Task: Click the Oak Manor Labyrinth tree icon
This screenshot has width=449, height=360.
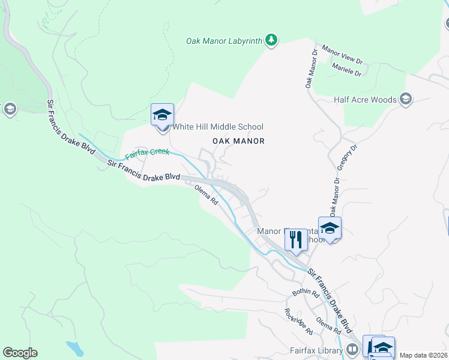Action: tap(272, 40)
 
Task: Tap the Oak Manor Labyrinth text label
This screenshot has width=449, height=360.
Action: tap(224, 41)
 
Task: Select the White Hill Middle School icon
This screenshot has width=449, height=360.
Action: tap(162, 114)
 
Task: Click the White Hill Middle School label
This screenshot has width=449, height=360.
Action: tap(218, 127)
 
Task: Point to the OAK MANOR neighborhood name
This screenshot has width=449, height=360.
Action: tap(238, 141)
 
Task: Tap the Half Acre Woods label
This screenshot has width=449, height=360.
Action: tap(365, 100)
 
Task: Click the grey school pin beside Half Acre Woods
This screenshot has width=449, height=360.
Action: tap(406, 99)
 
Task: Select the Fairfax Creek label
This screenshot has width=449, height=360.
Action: tap(147, 154)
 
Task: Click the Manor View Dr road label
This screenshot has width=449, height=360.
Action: tap(343, 54)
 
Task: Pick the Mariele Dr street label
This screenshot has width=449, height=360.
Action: tap(346, 70)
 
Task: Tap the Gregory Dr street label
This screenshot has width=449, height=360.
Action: tap(348, 158)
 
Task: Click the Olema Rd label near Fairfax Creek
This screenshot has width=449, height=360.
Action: tap(205, 196)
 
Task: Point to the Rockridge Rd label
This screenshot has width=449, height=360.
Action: tap(298, 322)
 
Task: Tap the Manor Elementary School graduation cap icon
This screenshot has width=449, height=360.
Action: tap(330, 228)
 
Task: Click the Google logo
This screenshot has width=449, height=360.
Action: tap(20, 353)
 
